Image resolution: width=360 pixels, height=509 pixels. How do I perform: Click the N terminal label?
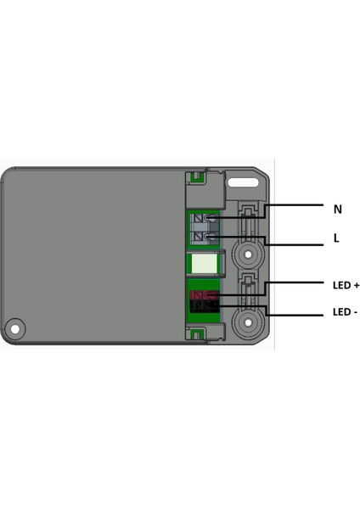[x=337, y=209]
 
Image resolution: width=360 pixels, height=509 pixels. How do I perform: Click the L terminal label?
[x=336, y=239]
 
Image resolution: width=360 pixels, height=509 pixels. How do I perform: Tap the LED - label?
[x=345, y=312]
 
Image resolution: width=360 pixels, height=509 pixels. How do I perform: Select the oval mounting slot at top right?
[x=245, y=180]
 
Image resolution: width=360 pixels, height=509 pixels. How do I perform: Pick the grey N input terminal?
[x=204, y=220]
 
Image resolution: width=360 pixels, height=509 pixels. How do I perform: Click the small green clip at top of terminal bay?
[x=196, y=176]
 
